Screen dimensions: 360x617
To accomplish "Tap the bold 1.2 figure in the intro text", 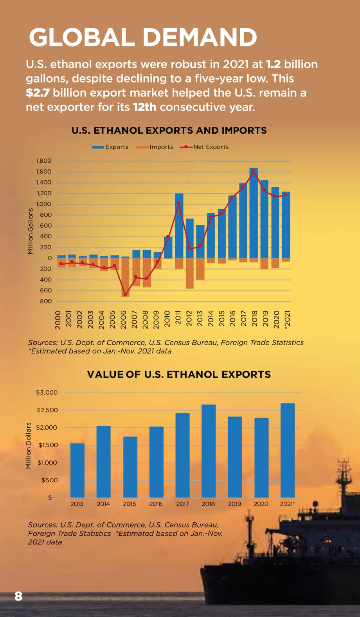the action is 273,64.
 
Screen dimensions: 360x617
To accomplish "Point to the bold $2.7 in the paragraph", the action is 38,93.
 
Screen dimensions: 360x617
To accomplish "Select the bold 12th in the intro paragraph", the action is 145,107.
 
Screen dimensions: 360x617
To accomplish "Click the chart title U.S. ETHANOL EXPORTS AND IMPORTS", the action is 169,130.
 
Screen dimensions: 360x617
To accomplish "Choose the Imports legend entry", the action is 155,147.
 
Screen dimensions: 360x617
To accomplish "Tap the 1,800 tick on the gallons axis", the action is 43,161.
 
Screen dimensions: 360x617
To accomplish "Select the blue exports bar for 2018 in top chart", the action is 254,213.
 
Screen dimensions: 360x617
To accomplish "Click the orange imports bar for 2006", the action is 126,277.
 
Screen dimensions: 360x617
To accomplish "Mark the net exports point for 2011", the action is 178,204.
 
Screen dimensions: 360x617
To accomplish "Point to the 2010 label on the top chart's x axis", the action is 167,319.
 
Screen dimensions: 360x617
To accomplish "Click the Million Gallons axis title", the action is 30,231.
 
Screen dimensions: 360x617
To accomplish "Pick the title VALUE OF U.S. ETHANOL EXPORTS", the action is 179,374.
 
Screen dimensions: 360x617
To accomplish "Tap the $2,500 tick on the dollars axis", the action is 47,410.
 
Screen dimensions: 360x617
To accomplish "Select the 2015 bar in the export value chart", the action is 130,467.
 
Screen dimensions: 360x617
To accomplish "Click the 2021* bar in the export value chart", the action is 288,450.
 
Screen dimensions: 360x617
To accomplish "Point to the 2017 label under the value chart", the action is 182,504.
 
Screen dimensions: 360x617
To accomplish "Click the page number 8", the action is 18,596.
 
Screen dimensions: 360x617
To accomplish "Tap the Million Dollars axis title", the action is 29,445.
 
